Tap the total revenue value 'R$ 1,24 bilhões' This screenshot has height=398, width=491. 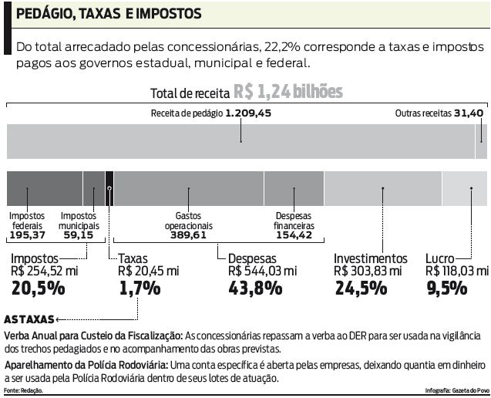[289, 93]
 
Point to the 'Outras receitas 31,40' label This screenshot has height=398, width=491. [439, 113]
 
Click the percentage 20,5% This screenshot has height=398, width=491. [37, 288]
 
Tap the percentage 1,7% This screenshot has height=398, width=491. [140, 288]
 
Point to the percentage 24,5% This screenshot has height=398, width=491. [360, 288]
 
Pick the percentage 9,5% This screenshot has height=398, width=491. [446, 288]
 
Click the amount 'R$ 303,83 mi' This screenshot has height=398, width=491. [367, 272]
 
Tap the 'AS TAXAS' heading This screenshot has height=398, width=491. [29, 319]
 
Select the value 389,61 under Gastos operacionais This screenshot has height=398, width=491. [188, 235]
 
